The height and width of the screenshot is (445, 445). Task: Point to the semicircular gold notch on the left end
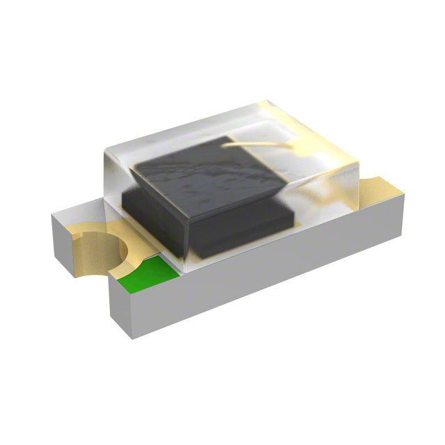pyautogui.click(x=97, y=250)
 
